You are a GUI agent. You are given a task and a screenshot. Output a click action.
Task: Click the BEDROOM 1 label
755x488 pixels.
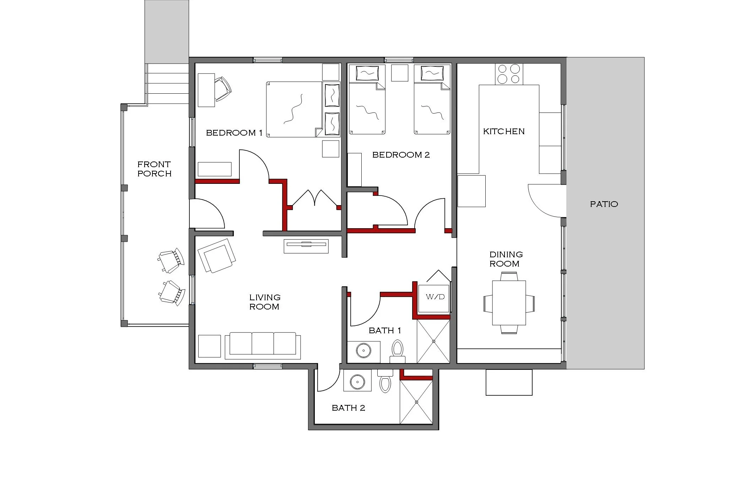pyautogui.click(x=234, y=133)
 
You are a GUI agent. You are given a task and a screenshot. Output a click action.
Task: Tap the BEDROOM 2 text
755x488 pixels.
pyautogui.click(x=401, y=155)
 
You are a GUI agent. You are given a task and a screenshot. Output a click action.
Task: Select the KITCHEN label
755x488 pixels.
pyautogui.click(x=503, y=132)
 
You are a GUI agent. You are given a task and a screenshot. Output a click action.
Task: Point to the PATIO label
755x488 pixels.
pyautogui.click(x=604, y=204)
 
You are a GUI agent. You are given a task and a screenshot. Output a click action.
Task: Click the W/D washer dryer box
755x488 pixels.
pyautogui.click(x=435, y=297)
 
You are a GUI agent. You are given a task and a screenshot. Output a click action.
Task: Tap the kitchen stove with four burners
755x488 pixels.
pyautogui.click(x=509, y=74)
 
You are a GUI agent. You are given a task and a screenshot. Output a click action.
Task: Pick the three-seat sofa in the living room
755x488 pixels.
pyautogui.click(x=263, y=344)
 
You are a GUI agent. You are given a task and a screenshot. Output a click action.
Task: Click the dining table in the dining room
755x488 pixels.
pyautogui.click(x=509, y=303)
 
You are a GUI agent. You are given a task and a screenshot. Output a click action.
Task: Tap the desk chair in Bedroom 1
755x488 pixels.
pyautogui.click(x=223, y=89)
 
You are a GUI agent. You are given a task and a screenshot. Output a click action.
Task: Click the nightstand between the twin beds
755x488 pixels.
pyautogui.click(x=399, y=73)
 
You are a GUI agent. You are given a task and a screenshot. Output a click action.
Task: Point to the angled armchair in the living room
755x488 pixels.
pyautogui.click(x=216, y=255)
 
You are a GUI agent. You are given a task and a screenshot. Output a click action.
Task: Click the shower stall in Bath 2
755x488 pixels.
pyautogui.click(x=416, y=402)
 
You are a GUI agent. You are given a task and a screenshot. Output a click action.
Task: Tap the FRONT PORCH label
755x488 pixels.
pyautogui.click(x=154, y=169)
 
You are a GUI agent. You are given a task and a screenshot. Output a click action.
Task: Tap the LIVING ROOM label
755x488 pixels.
pyautogui.click(x=264, y=302)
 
